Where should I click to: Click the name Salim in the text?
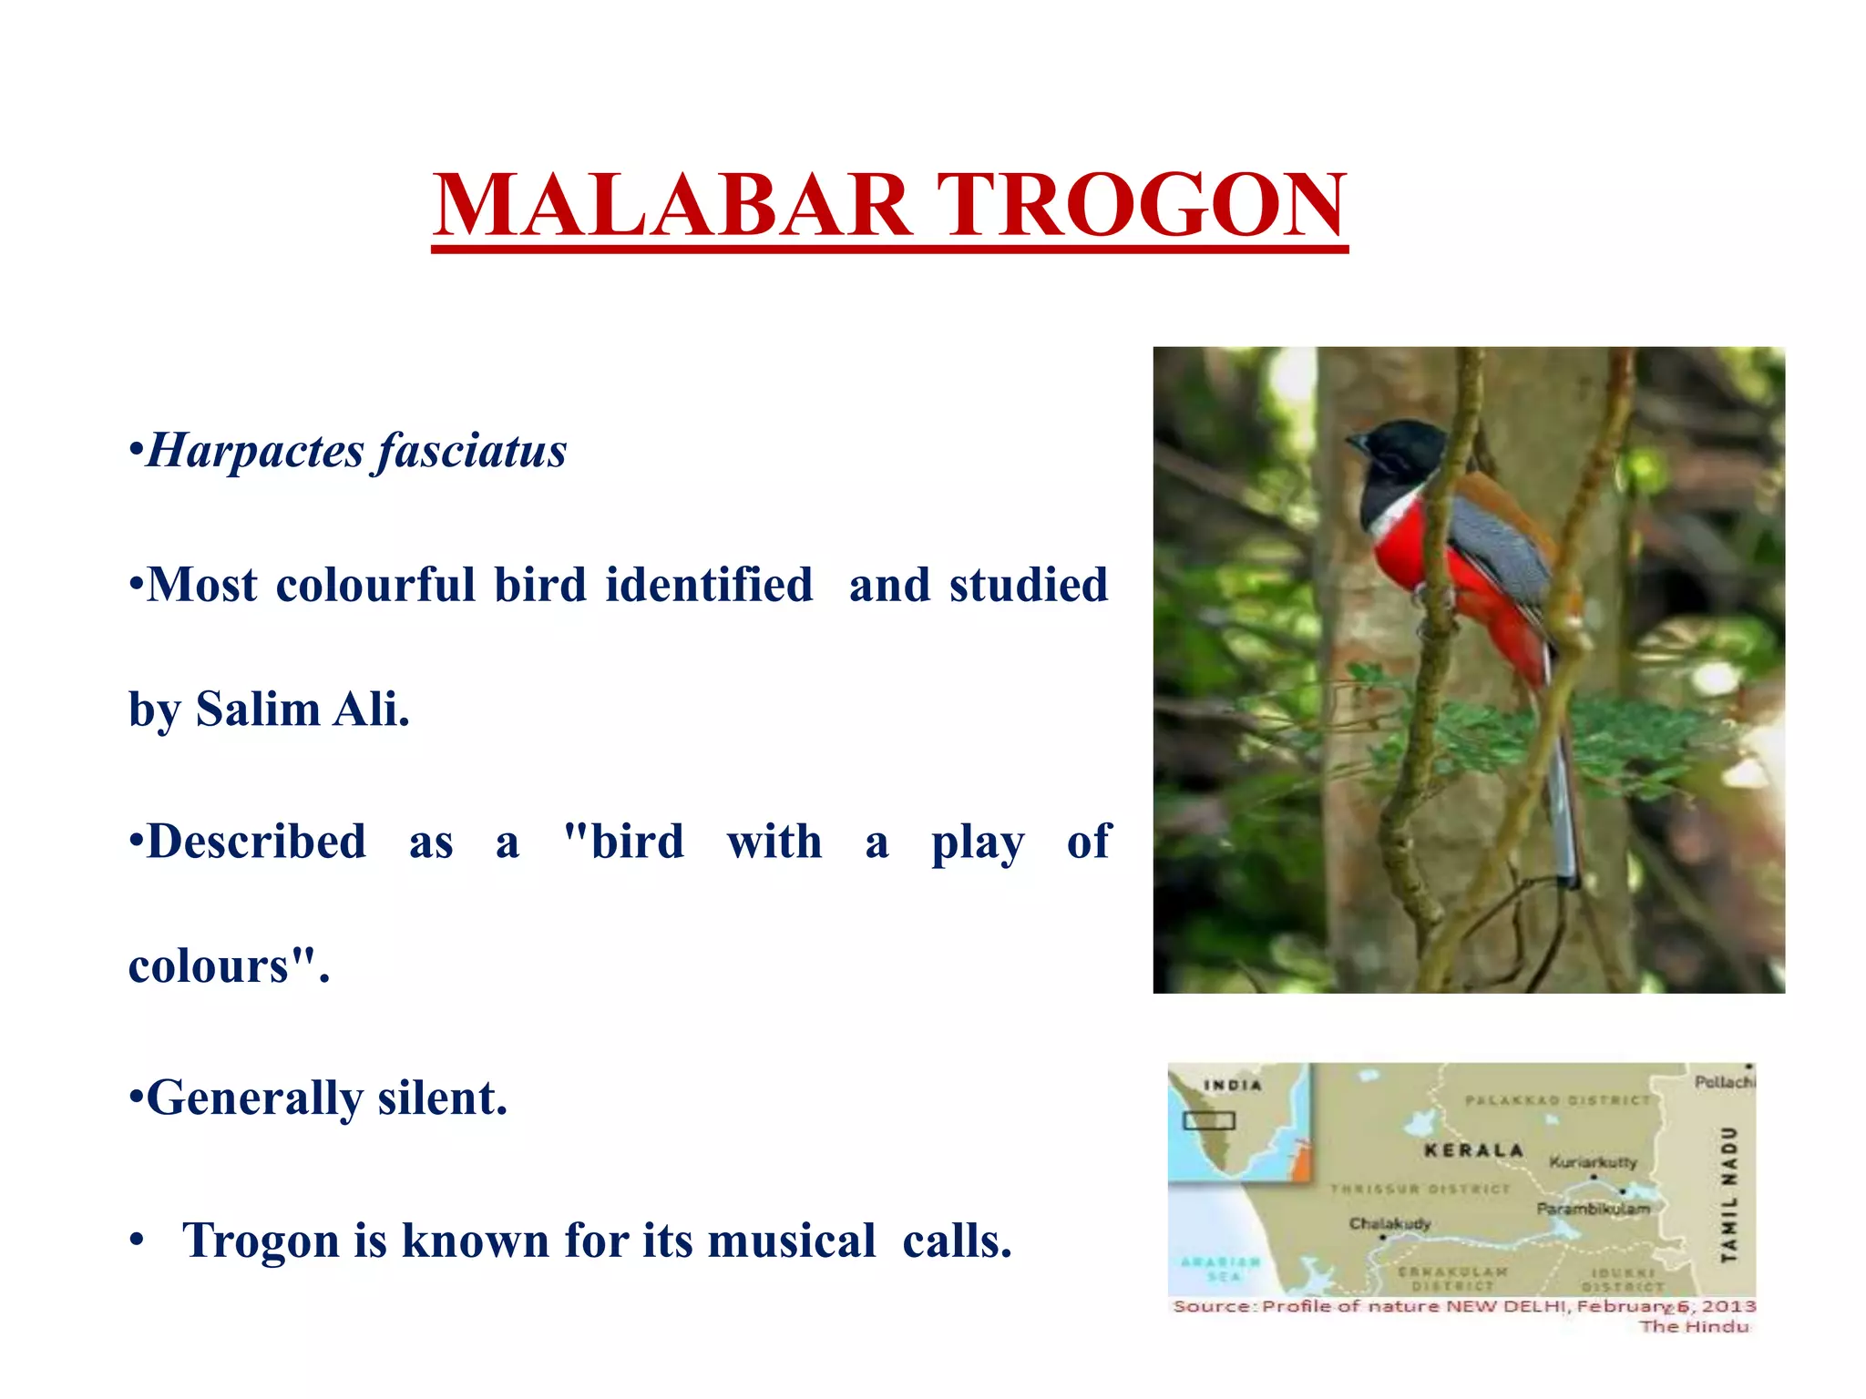(x=258, y=709)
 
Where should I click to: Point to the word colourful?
(x=375, y=585)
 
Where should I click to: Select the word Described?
(x=256, y=842)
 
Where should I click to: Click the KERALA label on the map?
(x=1473, y=1150)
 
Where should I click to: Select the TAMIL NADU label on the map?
(x=1728, y=1194)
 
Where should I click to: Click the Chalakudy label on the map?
(x=1389, y=1223)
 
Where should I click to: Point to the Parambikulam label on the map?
(x=1593, y=1209)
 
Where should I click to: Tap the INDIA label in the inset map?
(x=1233, y=1085)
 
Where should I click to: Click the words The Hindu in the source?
(x=1694, y=1326)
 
